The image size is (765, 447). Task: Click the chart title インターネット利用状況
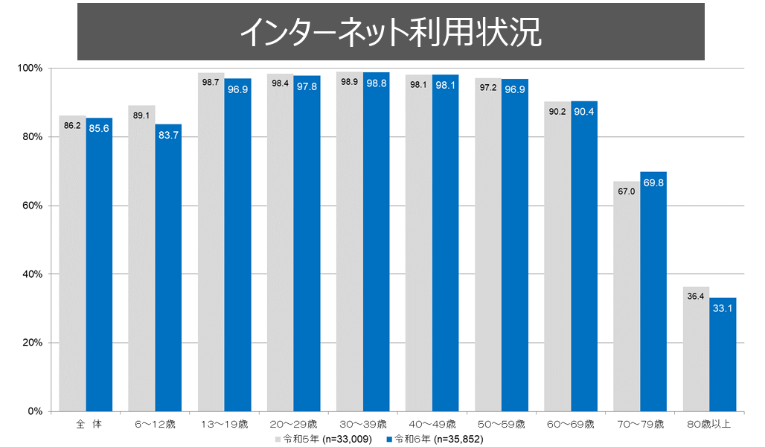coord(391,32)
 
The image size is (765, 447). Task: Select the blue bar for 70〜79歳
coord(653,291)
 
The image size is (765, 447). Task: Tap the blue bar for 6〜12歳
coord(168,268)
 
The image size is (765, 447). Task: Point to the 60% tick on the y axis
coord(33,206)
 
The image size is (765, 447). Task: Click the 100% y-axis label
coord(31,69)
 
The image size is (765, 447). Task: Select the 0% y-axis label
coord(36,411)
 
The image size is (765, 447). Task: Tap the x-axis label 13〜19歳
coord(222,425)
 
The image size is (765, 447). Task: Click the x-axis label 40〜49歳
coord(430,425)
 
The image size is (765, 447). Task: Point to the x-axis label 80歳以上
coord(708,425)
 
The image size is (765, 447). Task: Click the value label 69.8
coord(653,182)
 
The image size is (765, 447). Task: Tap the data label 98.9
coord(349,82)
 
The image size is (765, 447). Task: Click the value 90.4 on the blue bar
coord(584,112)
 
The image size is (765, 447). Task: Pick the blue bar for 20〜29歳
coord(307,246)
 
